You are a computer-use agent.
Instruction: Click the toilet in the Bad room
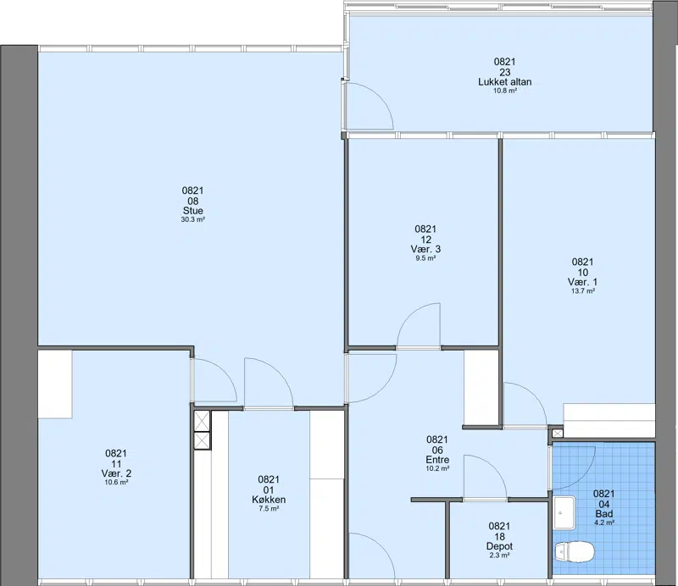pos(575,552)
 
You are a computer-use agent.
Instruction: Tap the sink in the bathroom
pos(564,513)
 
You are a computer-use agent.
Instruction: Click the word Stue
pos(193,211)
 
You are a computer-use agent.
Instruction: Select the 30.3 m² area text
pos(193,219)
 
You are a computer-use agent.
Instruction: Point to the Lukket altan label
pos(504,81)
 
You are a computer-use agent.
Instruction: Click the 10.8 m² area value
pos(505,91)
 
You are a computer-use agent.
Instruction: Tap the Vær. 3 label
pos(425,249)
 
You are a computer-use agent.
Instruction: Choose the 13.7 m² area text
pos(583,291)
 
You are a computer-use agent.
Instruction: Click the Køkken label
pos(269,500)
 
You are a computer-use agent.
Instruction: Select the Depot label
pos(499,547)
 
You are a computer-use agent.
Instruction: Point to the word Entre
pos(437,460)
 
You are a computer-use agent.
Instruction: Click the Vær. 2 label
pos(116,473)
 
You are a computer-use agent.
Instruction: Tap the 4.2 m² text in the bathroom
pos(604,522)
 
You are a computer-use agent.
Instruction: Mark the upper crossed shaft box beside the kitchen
pos(202,421)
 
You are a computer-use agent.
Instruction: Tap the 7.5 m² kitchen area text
pos(269,509)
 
